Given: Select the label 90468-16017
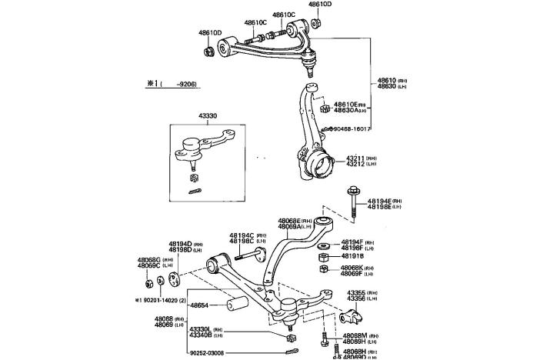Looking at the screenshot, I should coord(353,130).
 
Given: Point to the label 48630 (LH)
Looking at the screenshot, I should coord(387,87).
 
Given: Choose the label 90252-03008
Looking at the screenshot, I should coord(207,353).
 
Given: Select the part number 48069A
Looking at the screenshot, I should coord(294,226).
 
